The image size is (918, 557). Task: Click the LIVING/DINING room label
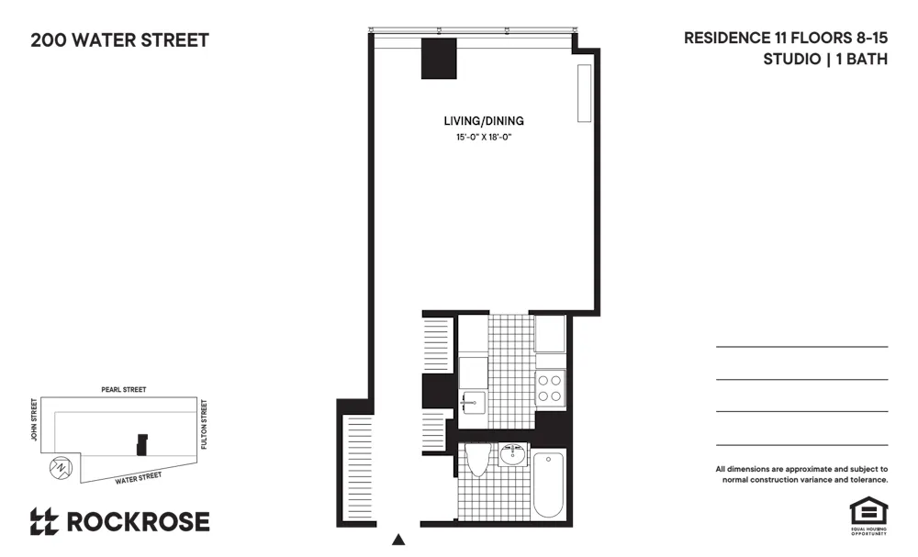[483, 121]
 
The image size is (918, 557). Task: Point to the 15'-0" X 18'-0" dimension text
[483, 138]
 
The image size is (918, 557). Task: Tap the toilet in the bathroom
[476, 460]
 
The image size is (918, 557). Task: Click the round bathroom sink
[512, 455]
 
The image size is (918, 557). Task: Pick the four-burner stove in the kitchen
[549, 388]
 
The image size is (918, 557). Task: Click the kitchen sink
[472, 400]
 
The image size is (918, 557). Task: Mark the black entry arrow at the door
[398, 540]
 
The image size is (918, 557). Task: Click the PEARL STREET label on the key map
[124, 390]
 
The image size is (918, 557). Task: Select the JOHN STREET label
[34, 419]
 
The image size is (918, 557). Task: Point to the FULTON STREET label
[205, 423]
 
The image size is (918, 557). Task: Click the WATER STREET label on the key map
[139, 477]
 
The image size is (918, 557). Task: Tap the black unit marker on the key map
[141, 444]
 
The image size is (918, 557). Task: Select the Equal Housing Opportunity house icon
[865, 510]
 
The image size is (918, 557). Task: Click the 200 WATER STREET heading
[119, 40]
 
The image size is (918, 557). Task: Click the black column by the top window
[439, 59]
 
